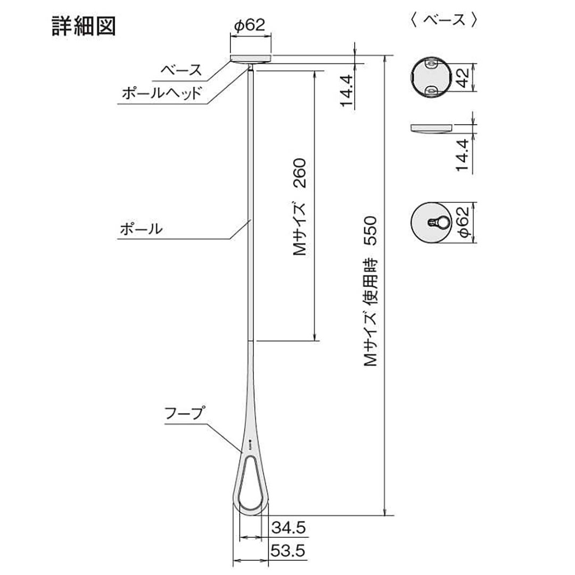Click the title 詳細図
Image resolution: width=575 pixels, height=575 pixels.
click(x=84, y=26)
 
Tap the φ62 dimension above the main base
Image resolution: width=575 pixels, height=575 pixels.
click(x=249, y=25)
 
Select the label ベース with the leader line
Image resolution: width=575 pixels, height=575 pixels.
click(x=182, y=70)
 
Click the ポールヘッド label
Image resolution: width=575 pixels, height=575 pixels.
click(x=162, y=93)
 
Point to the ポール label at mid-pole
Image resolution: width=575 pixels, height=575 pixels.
click(x=141, y=229)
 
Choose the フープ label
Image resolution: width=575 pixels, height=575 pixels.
click(x=184, y=413)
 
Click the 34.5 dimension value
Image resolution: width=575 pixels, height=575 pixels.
click(x=288, y=528)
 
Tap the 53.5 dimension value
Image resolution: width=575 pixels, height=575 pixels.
click(x=288, y=551)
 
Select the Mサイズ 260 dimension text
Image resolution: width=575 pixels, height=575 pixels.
click(x=299, y=207)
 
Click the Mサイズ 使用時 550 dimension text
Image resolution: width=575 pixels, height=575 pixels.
click(x=370, y=292)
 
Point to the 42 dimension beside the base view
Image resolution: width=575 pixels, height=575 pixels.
click(x=463, y=78)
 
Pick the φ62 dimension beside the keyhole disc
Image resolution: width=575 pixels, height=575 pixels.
click(x=463, y=222)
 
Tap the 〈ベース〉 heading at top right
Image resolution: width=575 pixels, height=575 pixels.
click(x=444, y=20)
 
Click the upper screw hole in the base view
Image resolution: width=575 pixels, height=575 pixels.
click(x=431, y=64)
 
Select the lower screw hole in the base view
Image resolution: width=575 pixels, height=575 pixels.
click(x=431, y=91)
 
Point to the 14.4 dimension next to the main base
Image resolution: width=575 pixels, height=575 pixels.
click(x=347, y=91)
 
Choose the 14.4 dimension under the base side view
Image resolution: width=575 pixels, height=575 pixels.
click(x=463, y=155)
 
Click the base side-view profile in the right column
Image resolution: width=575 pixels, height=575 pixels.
click(x=431, y=128)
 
